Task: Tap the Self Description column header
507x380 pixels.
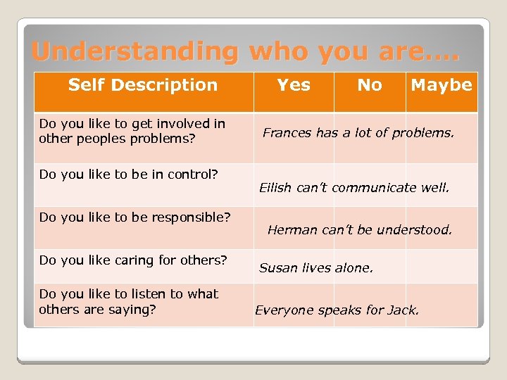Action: pyautogui.click(x=143, y=85)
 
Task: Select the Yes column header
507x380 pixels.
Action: pyautogui.click(x=294, y=85)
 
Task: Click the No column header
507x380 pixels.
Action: pyautogui.click(x=370, y=85)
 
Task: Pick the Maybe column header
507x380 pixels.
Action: pyautogui.click(x=442, y=85)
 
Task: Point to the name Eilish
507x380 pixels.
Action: pyautogui.click(x=275, y=188)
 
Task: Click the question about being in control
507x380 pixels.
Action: pyautogui.click(x=129, y=174)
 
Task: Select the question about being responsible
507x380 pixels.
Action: pyautogui.click(x=134, y=217)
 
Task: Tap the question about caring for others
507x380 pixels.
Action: pyautogui.click(x=133, y=260)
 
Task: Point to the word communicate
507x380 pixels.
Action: pyautogui.click(x=374, y=188)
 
